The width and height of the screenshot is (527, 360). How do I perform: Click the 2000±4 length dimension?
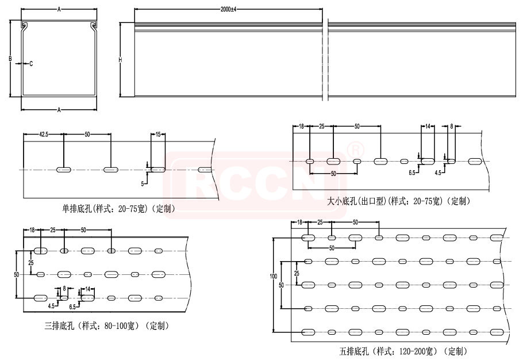(228, 9)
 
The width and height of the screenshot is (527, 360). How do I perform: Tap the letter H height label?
(120, 60)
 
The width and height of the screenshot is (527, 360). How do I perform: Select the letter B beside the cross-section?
(10, 59)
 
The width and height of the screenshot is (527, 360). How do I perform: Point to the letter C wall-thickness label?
(31, 64)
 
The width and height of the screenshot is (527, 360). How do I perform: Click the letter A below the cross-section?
(59, 110)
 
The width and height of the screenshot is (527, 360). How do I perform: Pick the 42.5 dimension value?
(44, 135)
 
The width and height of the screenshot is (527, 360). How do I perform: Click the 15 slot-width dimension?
(158, 135)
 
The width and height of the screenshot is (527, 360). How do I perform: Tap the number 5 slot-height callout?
(143, 184)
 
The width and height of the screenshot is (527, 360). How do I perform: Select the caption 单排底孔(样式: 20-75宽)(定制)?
(118, 209)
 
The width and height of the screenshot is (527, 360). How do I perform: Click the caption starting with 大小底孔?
(398, 201)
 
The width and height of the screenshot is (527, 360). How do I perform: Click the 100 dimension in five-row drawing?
(274, 276)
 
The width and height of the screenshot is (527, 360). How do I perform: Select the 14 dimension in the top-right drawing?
(428, 127)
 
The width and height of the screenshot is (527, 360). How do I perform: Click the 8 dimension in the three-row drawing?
(64, 289)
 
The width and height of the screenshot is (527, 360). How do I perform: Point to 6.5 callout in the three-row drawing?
(72, 307)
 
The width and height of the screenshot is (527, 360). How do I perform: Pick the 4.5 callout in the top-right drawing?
(438, 173)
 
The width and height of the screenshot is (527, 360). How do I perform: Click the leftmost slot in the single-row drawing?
(64, 170)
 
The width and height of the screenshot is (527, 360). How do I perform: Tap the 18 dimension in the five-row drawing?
(300, 222)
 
